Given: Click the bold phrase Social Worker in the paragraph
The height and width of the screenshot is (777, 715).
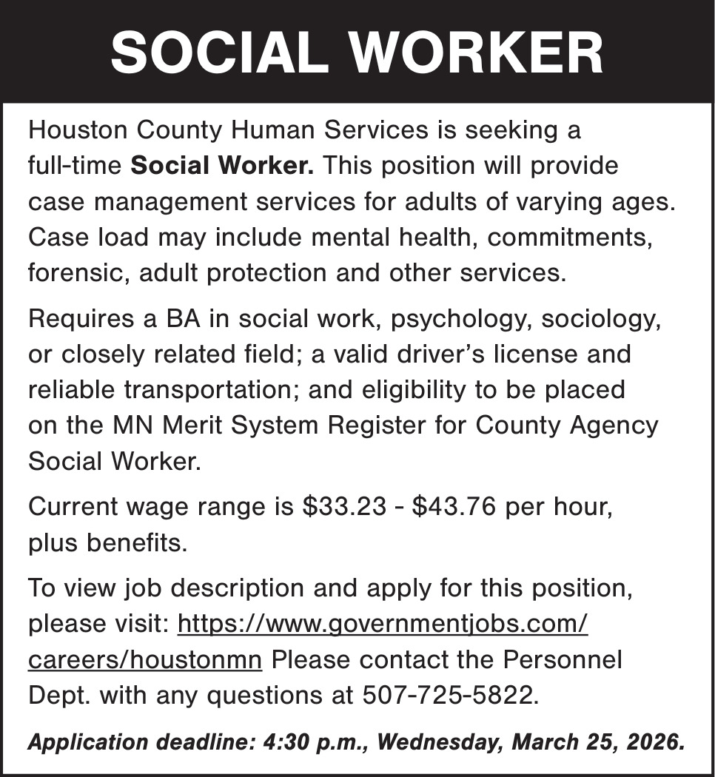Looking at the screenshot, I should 222,165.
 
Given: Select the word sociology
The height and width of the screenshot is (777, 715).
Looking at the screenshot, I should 600,320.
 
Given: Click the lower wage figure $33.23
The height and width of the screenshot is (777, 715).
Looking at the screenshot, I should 345,507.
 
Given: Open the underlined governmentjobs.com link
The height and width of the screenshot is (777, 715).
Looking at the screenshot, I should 383,624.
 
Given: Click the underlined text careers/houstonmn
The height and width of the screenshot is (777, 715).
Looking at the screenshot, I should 145,659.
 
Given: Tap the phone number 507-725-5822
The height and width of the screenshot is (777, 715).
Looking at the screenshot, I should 447,695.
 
